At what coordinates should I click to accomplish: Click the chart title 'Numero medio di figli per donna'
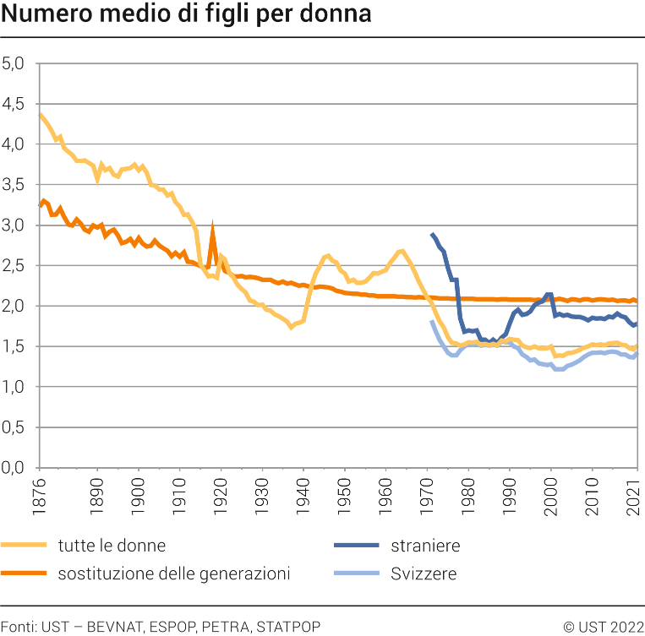coord(186,15)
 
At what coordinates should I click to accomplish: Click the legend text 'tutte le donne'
coord(112,546)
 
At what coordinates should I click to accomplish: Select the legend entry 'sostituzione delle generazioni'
coord(174,574)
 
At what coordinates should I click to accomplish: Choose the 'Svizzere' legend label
coord(424,574)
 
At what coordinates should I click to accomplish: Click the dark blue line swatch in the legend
coord(355,546)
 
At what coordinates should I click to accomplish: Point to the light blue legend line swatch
coord(355,574)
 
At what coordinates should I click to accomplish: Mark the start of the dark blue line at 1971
coord(432,235)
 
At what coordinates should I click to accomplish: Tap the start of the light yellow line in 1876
coord(40,114)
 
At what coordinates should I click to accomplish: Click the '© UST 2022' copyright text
coord(604,626)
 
